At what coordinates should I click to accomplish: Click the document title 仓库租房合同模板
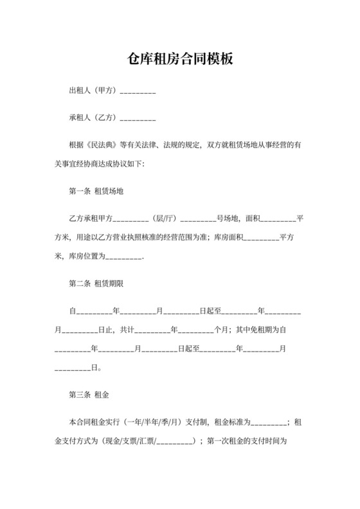[x=180, y=60]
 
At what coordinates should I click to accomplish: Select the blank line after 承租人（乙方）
[x=138, y=119]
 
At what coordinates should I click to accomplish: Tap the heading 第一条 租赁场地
[x=96, y=192]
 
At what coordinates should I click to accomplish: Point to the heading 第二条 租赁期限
[x=96, y=283]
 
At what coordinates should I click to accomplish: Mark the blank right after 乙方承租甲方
[x=131, y=219]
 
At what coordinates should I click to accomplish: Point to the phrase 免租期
[x=258, y=330]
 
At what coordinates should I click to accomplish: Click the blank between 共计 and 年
[x=152, y=330]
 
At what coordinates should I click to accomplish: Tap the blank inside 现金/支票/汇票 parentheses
[x=174, y=441]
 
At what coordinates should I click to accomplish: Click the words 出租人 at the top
[x=80, y=91]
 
